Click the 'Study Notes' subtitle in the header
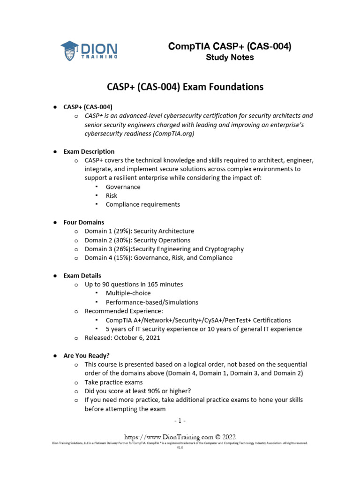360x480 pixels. coord(230,58)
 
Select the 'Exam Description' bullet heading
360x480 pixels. coord(89,151)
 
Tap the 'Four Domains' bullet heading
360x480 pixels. coord(84,222)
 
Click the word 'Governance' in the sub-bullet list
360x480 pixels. coord(123,187)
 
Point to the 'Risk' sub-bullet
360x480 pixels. coord(112,195)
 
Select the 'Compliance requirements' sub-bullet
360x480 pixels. coord(142,204)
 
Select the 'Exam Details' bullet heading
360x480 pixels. coord(82,276)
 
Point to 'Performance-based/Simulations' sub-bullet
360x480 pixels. coord(152,302)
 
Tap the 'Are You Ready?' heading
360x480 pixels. coord(86,355)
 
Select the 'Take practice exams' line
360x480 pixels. coord(113,382)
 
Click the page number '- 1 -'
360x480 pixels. coord(180,420)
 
